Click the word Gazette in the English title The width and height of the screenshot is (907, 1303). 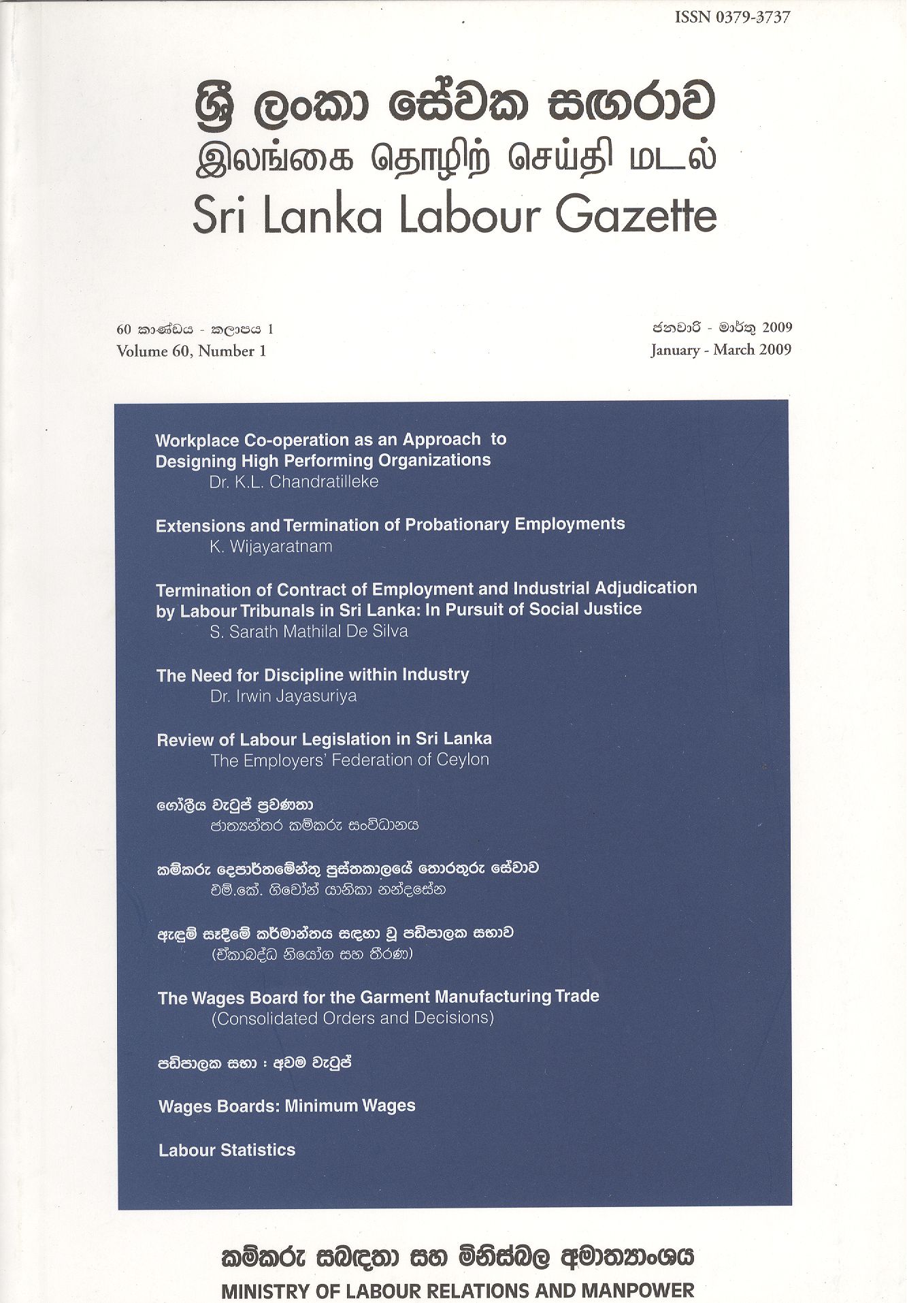point(636,216)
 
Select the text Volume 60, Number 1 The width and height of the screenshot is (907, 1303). point(191,351)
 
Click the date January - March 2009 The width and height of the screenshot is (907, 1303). point(721,350)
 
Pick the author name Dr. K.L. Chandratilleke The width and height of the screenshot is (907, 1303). point(294,482)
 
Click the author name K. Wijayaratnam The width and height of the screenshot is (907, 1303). point(271,547)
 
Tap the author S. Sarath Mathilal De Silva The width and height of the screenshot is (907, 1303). point(309,632)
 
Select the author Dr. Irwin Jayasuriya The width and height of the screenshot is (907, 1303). point(284,696)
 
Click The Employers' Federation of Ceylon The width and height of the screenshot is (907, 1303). point(350,760)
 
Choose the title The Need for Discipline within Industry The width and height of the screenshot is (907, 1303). point(313,675)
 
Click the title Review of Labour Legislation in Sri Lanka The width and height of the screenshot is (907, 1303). point(325,739)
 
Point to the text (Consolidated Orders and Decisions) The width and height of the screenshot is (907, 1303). point(352,1018)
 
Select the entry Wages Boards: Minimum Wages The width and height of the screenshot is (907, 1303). point(286,1106)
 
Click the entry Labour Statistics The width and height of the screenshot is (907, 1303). point(227,1151)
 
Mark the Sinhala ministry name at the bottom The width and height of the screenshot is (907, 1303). point(457,1256)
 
